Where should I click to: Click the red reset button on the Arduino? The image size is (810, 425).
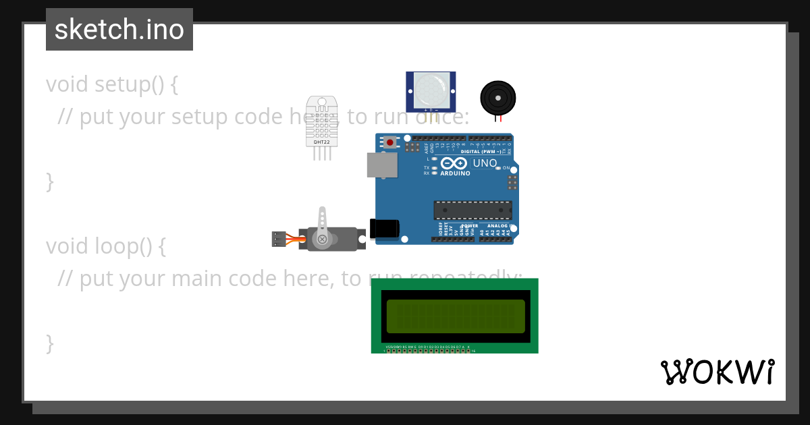click(x=390, y=142)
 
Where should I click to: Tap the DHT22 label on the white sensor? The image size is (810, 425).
click(x=321, y=142)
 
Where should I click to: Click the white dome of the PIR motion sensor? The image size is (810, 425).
click(x=431, y=89)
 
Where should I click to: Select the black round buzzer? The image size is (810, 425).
click(x=498, y=98)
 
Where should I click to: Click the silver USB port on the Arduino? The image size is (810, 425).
click(x=382, y=165)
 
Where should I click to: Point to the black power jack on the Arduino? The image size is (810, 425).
click(x=384, y=229)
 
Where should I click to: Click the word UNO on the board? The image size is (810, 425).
click(x=485, y=163)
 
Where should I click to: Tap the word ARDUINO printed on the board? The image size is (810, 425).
click(x=455, y=173)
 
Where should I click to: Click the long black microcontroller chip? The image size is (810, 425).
click(x=473, y=210)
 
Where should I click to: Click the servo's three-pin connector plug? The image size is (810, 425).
click(x=279, y=239)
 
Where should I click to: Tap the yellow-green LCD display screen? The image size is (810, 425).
click(x=456, y=316)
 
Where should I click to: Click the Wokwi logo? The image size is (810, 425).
click(x=718, y=372)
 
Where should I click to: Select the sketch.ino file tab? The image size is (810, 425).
click(x=119, y=30)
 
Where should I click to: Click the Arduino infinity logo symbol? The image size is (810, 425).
click(x=454, y=163)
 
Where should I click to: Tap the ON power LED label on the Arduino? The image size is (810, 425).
click(x=506, y=168)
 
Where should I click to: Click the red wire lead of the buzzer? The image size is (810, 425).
click(x=501, y=119)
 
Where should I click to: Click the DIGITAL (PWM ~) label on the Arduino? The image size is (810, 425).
click(x=481, y=152)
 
